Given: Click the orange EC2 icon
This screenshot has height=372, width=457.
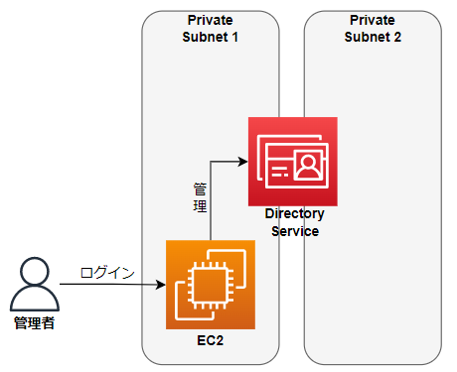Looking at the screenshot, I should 211,284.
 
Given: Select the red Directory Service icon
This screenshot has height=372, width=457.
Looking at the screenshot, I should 292,161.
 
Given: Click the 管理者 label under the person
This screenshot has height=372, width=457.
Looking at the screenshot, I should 35,323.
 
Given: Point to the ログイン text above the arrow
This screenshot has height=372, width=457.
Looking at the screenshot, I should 108,272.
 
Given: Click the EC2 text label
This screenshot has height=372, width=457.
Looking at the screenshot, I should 211,340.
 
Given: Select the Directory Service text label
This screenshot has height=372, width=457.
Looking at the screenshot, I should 294,222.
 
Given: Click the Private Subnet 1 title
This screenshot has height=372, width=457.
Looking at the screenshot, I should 210,28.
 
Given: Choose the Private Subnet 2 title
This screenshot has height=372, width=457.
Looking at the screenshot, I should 373,28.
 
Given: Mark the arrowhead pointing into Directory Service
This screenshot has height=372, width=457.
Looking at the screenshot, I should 241,161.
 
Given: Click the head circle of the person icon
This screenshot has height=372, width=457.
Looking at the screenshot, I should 35,271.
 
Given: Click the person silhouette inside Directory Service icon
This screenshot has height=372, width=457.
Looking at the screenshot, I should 308,165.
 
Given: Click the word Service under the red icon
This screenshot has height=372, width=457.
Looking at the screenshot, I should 294,230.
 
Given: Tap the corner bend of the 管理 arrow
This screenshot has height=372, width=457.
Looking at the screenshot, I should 211,161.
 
